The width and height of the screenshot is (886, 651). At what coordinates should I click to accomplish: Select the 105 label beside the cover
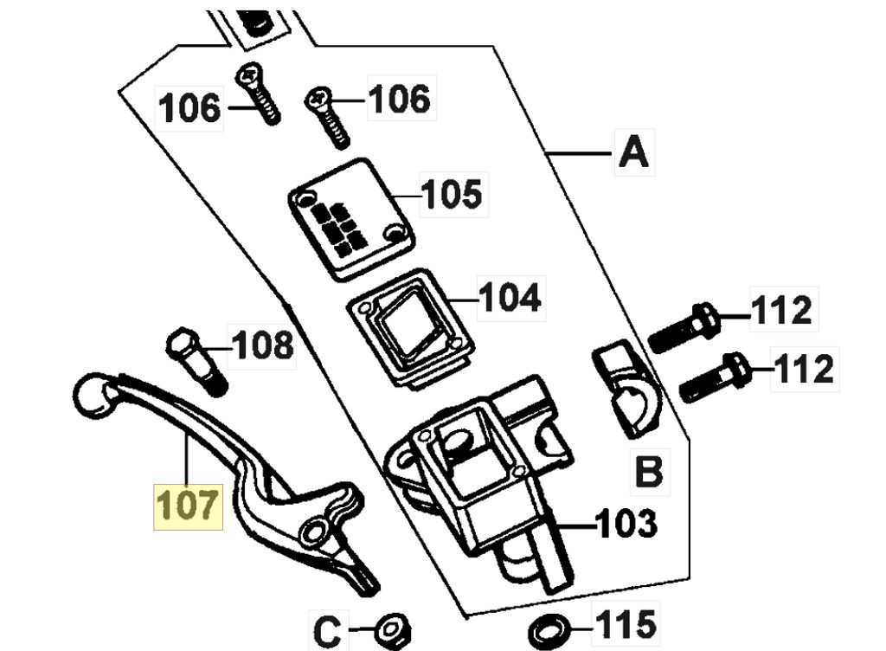(x=452, y=194)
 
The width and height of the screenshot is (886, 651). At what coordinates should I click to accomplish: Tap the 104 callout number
(x=510, y=297)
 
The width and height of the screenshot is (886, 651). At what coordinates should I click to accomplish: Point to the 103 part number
(x=627, y=523)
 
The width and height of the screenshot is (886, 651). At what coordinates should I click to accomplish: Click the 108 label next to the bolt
(x=263, y=345)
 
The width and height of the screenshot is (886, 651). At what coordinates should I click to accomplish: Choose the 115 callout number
(x=626, y=624)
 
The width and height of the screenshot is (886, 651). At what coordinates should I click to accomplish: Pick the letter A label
(x=634, y=152)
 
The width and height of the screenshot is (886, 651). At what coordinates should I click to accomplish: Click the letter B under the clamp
(x=649, y=471)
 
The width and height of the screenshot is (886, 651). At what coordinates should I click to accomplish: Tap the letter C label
(x=328, y=632)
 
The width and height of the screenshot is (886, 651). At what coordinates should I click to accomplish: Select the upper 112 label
(x=782, y=310)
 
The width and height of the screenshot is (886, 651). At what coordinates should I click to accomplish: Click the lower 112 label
(x=804, y=369)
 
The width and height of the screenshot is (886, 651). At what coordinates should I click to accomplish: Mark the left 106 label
(x=189, y=108)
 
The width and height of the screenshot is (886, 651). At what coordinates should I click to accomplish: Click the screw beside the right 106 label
(x=328, y=118)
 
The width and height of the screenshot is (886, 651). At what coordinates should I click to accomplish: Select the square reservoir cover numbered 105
(x=352, y=219)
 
